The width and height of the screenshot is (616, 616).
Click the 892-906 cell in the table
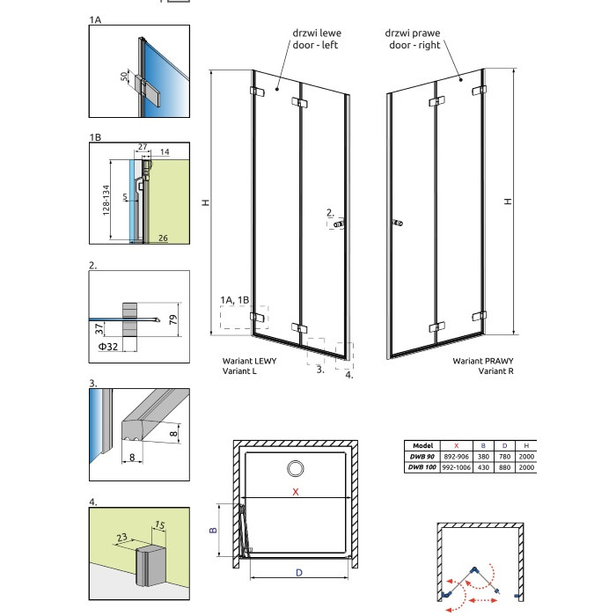(456, 457)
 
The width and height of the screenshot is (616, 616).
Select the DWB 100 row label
(422, 467)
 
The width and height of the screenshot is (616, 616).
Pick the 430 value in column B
(483, 467)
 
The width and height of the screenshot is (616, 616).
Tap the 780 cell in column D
(504, 457)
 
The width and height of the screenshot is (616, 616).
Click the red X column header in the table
(456, 445)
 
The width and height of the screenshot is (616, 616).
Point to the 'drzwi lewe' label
(317, 33)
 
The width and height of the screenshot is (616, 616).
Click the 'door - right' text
(414, 45)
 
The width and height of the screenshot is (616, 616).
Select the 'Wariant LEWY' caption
(249, 361)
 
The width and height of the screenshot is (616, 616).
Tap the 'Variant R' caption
(495, 370)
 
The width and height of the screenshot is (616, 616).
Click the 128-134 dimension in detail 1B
(106, 200)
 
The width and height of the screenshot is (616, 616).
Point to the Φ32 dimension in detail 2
(108, 347)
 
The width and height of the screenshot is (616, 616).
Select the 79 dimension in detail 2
(173, 319)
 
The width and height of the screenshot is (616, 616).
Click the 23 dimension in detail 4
(121, 537)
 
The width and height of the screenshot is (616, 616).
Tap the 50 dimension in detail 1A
(124, 76)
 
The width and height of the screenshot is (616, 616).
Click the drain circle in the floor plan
(295, 469)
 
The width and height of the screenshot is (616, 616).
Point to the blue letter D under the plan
(299, 573)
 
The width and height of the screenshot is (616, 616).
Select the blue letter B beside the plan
(213, 530)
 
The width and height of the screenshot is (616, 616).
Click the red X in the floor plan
(296, 491)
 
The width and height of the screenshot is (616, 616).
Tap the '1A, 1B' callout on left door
(235, 300)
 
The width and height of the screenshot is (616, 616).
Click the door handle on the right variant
(397, 224)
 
